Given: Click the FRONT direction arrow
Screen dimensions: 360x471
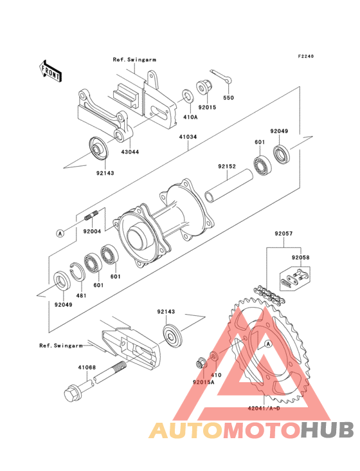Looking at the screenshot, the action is coord(50,71).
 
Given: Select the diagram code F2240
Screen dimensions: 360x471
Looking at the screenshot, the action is coord(306,56).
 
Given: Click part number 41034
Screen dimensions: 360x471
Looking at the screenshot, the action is coord(188,137).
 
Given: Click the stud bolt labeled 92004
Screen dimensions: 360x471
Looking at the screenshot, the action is coord(92,216).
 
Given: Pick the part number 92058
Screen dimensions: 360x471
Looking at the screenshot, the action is coord(300,257).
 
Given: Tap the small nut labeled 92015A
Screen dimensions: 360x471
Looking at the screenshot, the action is coord(201,364).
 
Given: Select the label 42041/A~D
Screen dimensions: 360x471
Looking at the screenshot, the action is coord(264,408).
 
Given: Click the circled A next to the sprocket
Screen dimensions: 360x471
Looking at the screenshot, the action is coord(268,344).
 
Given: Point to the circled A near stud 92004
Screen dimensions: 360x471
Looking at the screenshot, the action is coord(60,233).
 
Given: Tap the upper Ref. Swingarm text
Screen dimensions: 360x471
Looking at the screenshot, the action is coord(134,59).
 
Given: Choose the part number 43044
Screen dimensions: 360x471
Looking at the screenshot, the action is coord(130,152).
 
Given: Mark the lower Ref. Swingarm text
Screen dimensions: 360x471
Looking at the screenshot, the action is coord(61,346).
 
